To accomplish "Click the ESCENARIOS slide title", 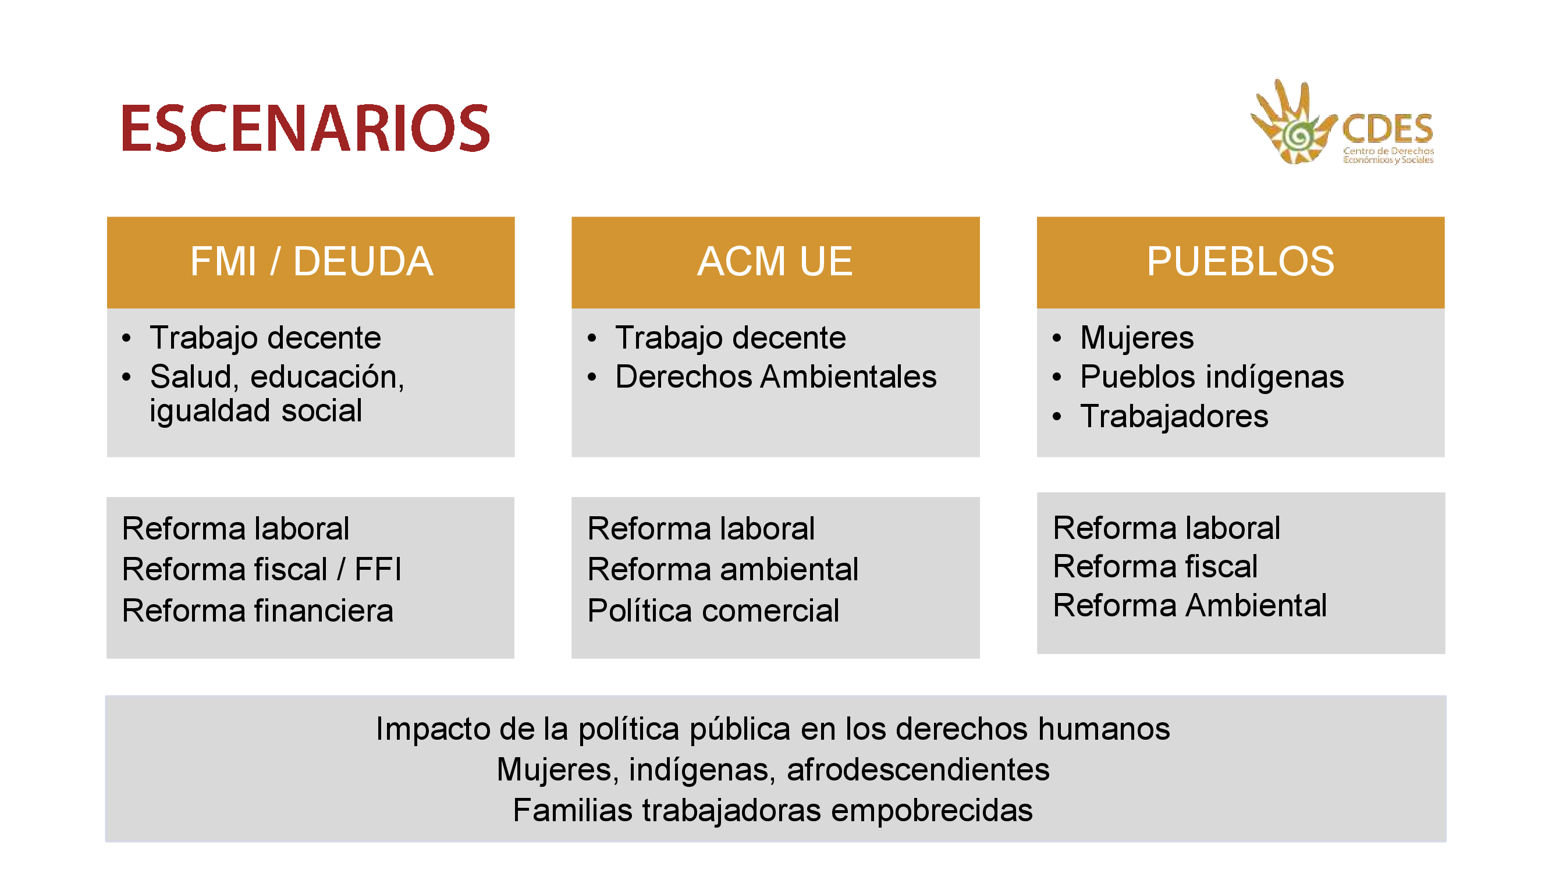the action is click(x=306, y=127).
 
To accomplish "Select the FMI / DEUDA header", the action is click(x=311, y=261).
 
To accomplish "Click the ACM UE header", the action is click(x=775, y=261).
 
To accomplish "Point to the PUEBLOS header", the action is click(x=1241, y=261).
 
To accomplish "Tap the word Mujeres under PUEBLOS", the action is click(x=1137, y=338).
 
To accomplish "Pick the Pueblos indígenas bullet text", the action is click(x=1212, y=378).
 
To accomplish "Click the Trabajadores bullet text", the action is click(x=1174, y=416).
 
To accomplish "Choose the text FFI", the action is click(x=378, y=569).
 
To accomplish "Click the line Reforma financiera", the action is click(x=258, y=611).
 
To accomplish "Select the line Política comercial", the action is click(x=713, y=611).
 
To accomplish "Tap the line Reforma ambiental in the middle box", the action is click(x=723, y=569).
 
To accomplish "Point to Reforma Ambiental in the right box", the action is click(x=1190, y=605).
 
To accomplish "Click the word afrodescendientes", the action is click(x=918, y=770).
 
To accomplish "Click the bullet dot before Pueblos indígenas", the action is click(x=1057, y=378).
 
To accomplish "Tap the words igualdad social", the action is click(x=256, y=411).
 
